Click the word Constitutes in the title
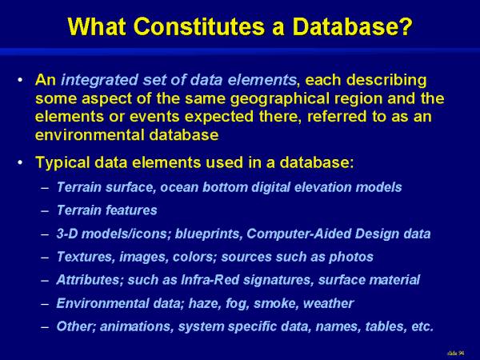click(x=199, y=26)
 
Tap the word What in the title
click(x=97, y=26)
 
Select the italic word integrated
click(x=99, y=81)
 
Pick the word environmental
click(x=90, y=135)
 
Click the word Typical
click(x=62, y=163)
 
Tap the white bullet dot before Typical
click(x=20, y=162)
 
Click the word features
click(x=131, y=210)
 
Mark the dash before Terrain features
click(x=45, y=211)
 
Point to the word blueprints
click(x=209, y=234)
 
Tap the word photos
click(x=351, y=258)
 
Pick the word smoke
click(x=276, y=303)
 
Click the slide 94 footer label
click(x=455, y=354)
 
